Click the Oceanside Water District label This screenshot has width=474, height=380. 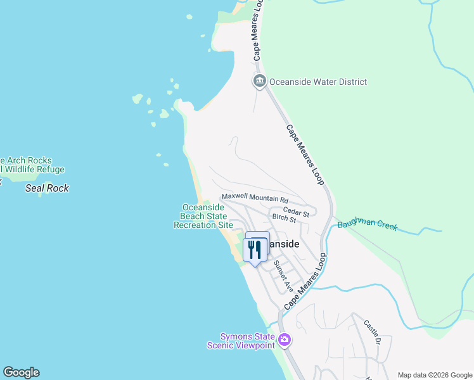pyautogui.click(x=318, y=82)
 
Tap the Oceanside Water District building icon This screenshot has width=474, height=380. pyautogui.click(x=259, y=81)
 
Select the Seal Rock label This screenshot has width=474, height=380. pyautogui.click(x=47, y=188)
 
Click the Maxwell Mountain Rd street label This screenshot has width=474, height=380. pyautogui.click(x=255, y=198)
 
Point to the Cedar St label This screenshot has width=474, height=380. pyautogui.click(x=296, y=212)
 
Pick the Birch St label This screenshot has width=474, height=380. pyautogui.click(x=284, y=218)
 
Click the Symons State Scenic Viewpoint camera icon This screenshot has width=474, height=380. pyautogui.click(x=285, y=340)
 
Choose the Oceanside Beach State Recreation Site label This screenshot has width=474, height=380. pyautogui.click(x=203, y=216)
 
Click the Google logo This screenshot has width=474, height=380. pyautogui.click(x=21, y=372)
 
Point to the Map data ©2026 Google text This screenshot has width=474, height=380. pyautogui.click(x=435, y=375)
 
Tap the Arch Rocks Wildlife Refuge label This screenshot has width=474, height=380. pyautogui.click(x=32, y=165)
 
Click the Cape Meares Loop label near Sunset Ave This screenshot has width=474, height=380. pyautogui.click(x=305, y=281)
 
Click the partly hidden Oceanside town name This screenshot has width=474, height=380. pyautogui.click(x=283, y=244)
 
